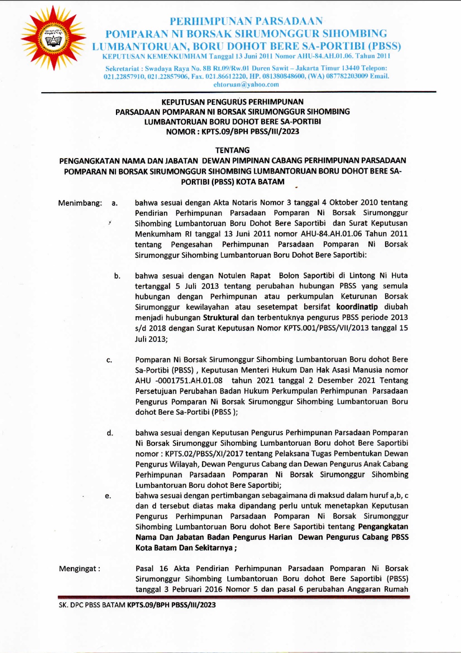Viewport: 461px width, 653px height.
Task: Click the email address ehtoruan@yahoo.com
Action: [246, 84]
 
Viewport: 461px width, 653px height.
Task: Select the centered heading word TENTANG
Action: [232, 150]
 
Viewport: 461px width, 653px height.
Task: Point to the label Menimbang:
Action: [80, 203]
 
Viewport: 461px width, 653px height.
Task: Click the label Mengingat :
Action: [79, 569]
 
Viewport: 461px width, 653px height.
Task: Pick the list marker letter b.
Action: [117, 276]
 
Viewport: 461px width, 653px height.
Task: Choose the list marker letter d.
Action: [110, 433]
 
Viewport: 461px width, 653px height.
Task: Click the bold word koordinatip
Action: [357, 307]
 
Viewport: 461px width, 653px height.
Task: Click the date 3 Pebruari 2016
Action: [193, 590]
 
